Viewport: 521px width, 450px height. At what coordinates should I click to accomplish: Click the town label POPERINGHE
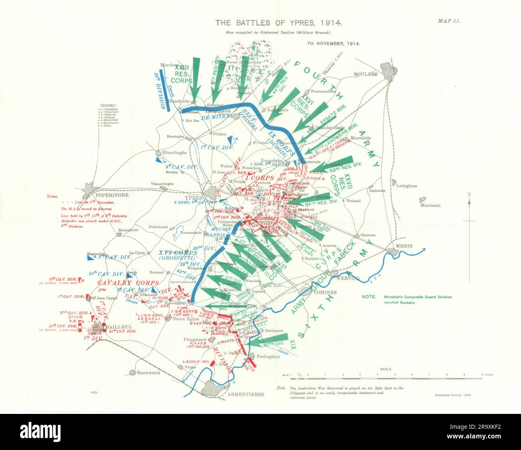point(104,195)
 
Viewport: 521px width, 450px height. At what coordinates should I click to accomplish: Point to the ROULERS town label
point(366,74)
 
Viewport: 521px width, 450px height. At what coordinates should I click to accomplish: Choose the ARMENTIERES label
point(246,394)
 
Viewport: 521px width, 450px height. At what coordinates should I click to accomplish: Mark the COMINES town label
point(325,292)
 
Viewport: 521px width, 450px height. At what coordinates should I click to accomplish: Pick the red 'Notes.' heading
point(52,197)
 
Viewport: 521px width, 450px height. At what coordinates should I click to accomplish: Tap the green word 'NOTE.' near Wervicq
point(368,297)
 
